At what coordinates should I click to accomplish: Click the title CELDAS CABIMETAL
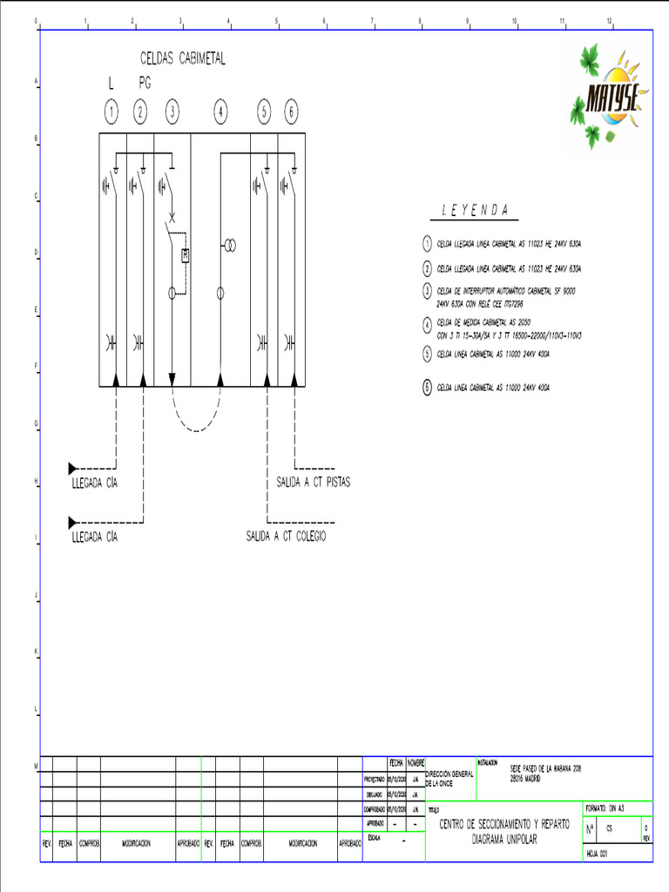point(183,58)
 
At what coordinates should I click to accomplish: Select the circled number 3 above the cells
point(172,111)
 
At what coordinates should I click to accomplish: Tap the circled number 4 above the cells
point(221,111)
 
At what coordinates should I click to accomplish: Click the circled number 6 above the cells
point(291,111)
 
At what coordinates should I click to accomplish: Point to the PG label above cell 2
point(145,84)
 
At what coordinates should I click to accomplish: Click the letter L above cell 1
point(111,84)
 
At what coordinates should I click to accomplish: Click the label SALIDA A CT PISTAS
point(314,482)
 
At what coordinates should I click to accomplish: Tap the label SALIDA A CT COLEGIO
point(287,537)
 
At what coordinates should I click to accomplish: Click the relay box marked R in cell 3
point(185,255)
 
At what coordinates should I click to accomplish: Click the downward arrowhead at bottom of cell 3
point(172,379)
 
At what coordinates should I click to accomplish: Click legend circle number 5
point(427,354)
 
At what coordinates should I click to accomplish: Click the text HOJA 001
point(597,855)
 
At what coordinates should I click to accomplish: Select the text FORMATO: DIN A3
point(605,808)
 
